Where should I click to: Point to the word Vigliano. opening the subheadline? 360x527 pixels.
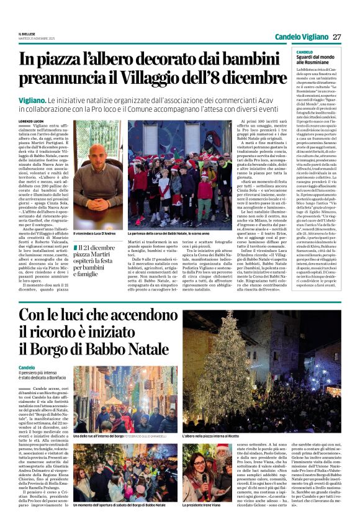(x=33, y=100)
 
